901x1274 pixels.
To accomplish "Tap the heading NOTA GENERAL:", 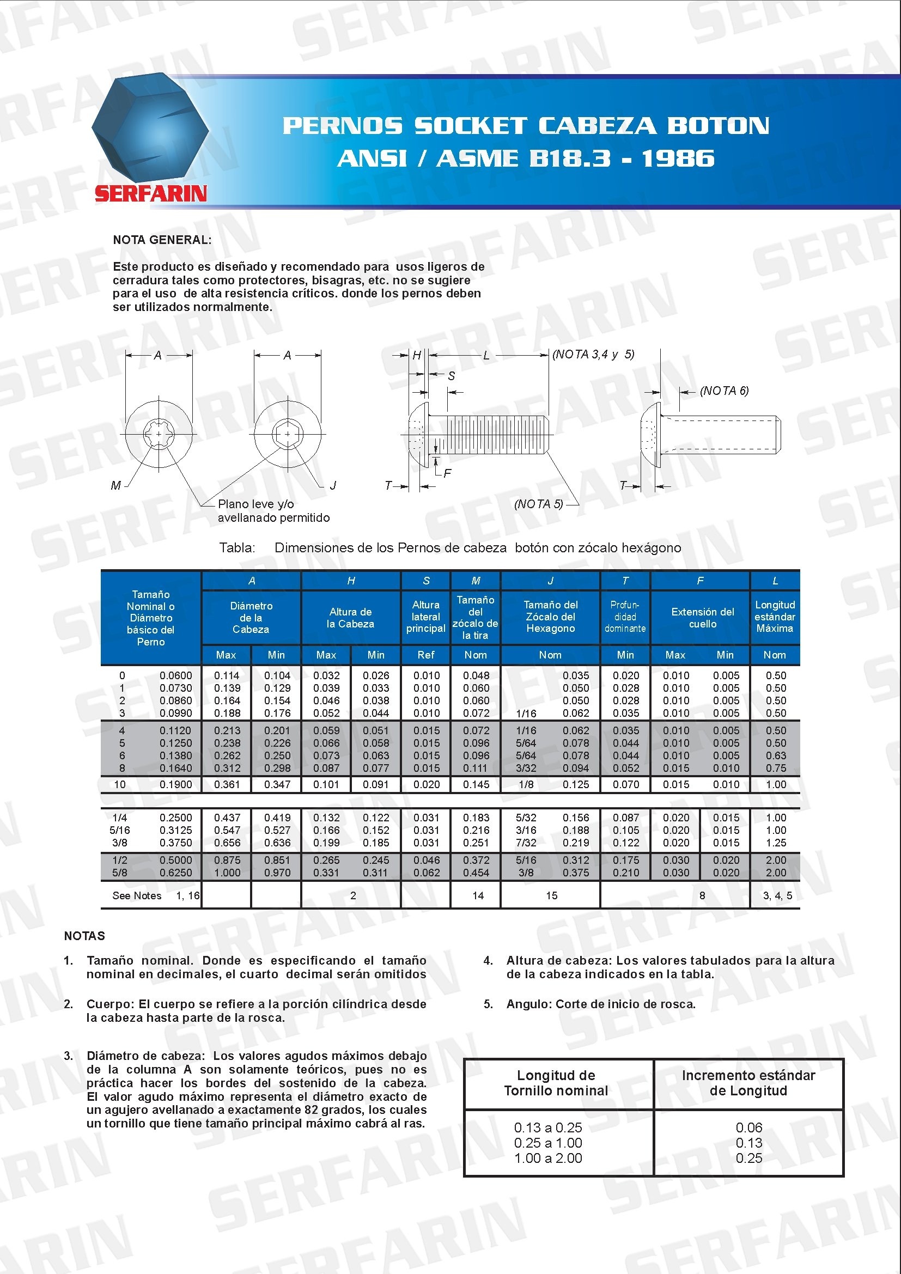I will [162, 240].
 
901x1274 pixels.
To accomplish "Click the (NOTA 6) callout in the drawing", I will [724, 391].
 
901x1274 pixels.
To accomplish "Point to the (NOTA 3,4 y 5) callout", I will [593, 354].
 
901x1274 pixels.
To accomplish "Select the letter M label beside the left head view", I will [115, 485].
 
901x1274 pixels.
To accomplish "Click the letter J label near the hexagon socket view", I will [333, 485].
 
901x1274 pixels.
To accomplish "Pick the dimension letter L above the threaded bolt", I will [486, 356].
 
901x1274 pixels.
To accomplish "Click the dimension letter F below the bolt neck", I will [447, 473].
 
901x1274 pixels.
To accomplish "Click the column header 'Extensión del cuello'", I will [702, 618].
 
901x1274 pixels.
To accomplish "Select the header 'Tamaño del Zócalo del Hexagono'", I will [550, 617].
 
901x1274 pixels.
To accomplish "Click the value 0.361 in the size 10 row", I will [227, 784].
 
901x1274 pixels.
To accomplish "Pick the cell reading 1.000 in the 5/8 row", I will [227, 873].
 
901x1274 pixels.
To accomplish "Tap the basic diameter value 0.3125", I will [176, 830].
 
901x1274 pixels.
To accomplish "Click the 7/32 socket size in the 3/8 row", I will [526, 843].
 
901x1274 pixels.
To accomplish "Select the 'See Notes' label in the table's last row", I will [137, 895].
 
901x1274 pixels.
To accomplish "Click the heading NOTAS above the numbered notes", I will [84, 936].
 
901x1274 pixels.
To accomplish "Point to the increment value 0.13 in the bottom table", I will [748, 1143].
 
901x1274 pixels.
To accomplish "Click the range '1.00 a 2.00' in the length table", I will [547, 1158].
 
